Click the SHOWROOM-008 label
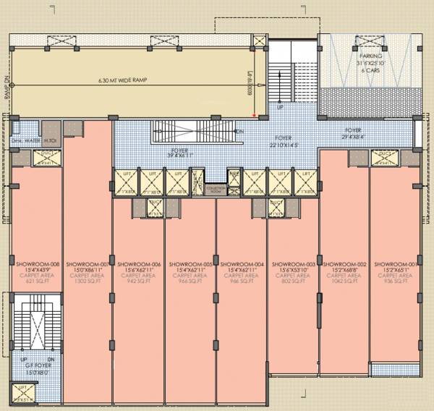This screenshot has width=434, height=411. click(35, 265)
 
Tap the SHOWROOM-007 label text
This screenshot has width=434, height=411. click(87, 265)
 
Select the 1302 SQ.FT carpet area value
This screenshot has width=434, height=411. click(87, 282)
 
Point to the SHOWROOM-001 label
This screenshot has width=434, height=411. click(394, 265)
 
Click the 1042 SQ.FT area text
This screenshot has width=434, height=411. click(344, 282)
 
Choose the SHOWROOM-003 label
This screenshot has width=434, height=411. click(293, 265)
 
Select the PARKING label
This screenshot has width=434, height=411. click(371, 56)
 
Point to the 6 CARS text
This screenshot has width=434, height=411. click(371, 68)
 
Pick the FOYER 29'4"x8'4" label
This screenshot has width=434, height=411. click(364, 132)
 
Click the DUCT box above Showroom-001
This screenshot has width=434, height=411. click(384, 155)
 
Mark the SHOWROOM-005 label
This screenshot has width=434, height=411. click(190, 265)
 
